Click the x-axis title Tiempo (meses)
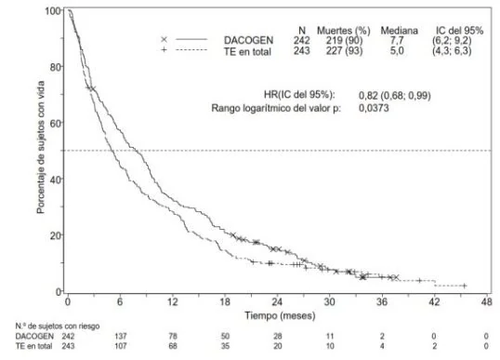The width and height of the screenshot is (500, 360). (x=280, y=315)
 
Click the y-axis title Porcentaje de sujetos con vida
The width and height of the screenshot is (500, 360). (x=41, y=147)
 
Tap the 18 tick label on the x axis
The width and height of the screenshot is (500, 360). (x=225, y=301)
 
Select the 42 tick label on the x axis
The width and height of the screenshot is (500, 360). (x=434, y=301)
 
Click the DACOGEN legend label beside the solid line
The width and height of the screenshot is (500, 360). (x=248, y=40)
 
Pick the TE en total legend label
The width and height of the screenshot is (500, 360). (x=247, y=51)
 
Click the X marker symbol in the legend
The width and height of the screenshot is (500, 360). (x=164, y=40)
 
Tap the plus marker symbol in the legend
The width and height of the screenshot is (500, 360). (x=164, y=50)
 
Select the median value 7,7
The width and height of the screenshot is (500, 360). (x=397, y=40)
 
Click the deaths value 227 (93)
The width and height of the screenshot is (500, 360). (x=344, y=51)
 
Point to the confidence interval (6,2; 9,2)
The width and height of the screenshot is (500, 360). (x=452, y=40)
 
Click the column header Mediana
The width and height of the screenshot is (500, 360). (x=399, y=31)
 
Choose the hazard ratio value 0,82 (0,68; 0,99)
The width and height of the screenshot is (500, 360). (x=394, y=96)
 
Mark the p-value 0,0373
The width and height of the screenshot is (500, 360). (x=374, y=108)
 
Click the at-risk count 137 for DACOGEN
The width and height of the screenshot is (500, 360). (x=121, y=336)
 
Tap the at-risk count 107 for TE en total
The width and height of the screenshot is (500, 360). (x=121, y=346)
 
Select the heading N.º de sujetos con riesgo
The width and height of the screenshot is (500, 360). (x=58, y=327)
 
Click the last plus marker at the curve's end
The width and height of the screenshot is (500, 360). (x=465, y=286)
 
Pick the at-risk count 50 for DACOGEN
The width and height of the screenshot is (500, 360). (x=225, y=336)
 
